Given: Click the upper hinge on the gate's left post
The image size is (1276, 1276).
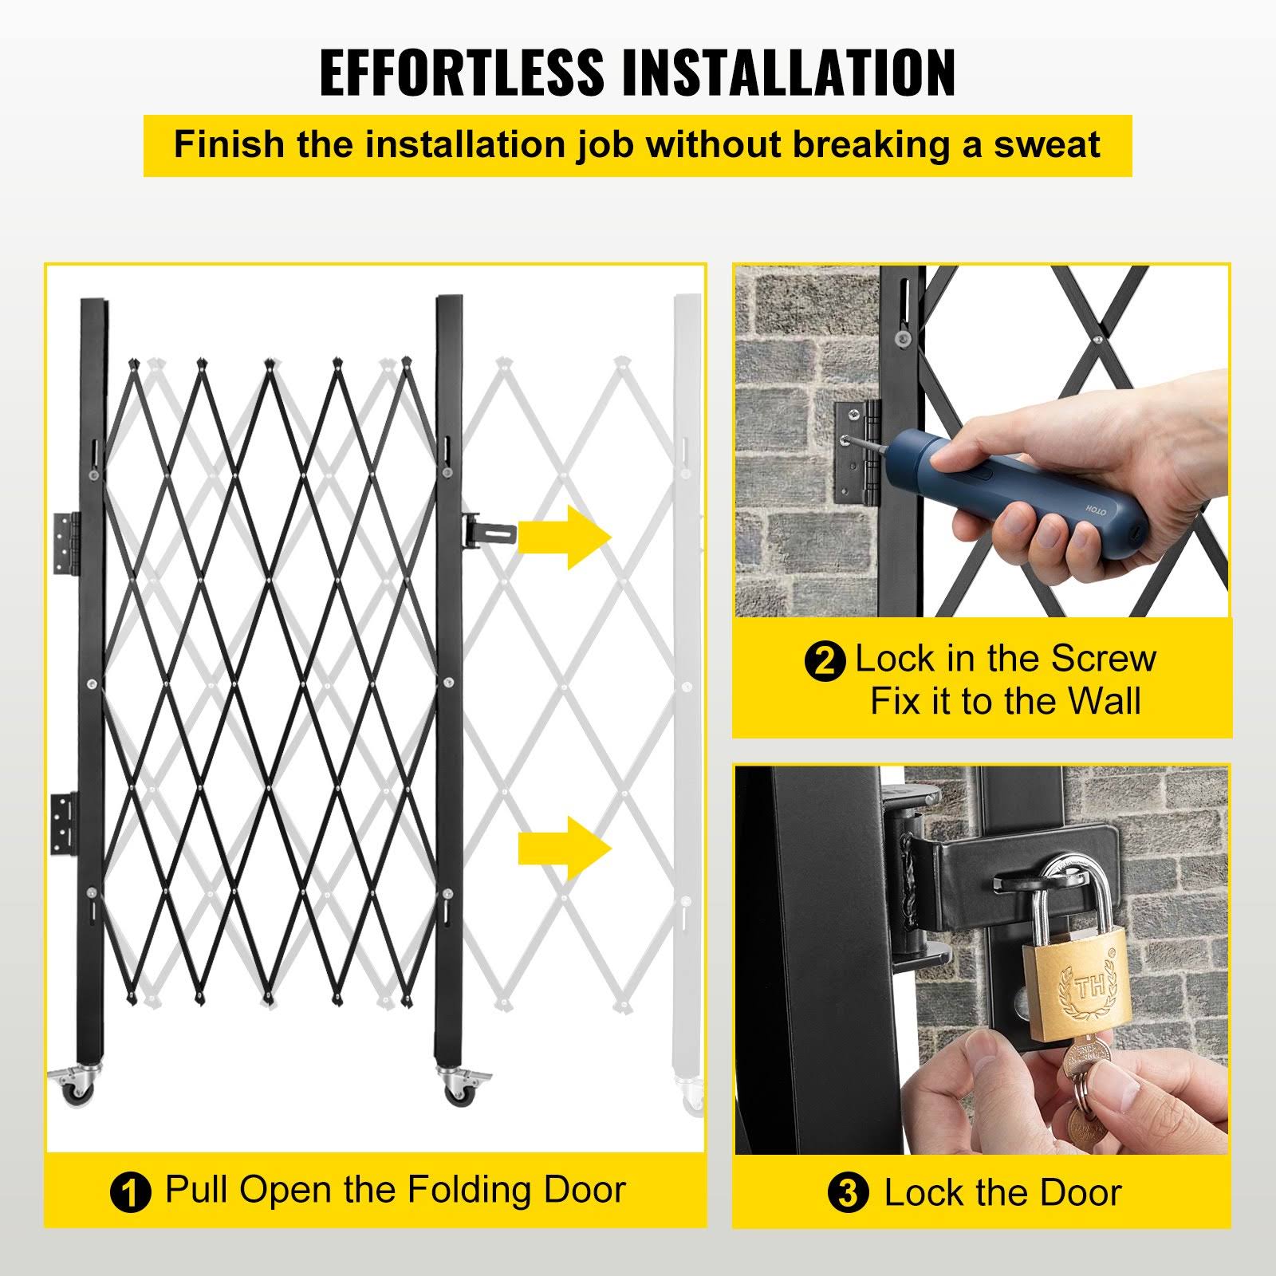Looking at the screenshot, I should coord(68,543).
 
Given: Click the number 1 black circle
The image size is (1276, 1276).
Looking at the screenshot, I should coord(130,1195).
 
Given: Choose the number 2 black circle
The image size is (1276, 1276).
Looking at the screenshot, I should coord(825,662).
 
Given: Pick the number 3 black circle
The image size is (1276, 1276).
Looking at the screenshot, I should coord(849,1195).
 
